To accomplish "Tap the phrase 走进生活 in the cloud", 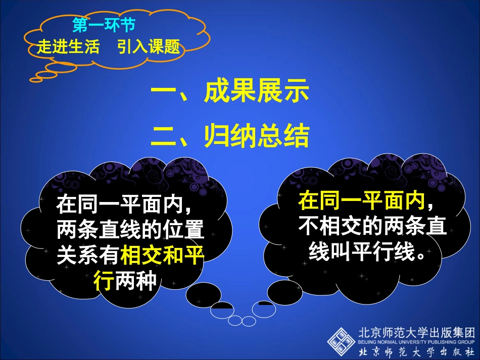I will click(x=68, y=47).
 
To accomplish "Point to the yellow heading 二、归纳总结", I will click(x=230, y=136).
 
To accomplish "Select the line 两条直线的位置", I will click(x=130, y=231).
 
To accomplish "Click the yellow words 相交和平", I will click(x=162, y=255).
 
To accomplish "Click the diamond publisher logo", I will click(x=341, y=341).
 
